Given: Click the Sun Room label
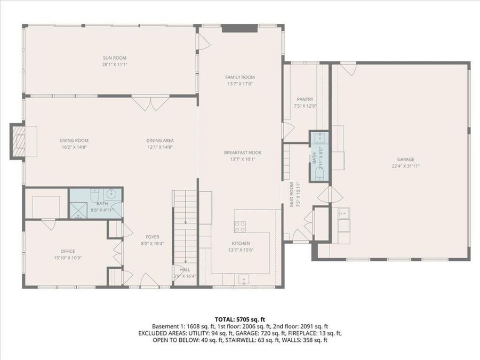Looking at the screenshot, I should (x=115, y=58).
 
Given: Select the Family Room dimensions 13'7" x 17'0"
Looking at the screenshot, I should (x=239, y=84).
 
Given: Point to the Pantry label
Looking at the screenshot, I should (x=305, y=99).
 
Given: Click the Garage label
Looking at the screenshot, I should (x=405, y=159).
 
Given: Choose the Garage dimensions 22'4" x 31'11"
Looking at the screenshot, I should (x=405, y=166).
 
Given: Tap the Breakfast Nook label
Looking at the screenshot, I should (x=242, y=152).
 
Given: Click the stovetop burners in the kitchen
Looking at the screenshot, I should (x=241, y=227).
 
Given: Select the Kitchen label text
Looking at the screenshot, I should (x=241, y=243).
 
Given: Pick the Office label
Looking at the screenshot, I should (x=68, y=251).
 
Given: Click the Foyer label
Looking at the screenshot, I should (x=153, y=237).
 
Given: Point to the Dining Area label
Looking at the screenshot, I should (x=159, y=140).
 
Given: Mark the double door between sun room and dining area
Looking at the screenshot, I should (x=145, y=102).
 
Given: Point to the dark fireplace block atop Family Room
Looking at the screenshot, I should (x=232, y=28).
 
